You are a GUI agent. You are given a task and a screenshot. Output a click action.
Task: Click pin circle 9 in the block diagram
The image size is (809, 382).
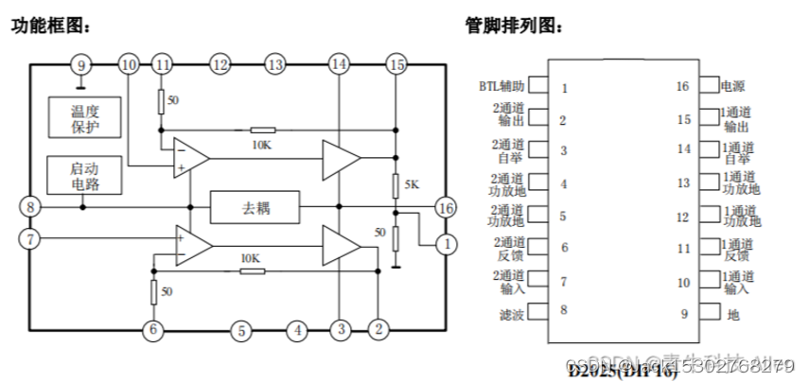click(x=81, y=65)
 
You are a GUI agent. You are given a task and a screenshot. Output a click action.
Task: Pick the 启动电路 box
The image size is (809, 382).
click(x=84, y=175)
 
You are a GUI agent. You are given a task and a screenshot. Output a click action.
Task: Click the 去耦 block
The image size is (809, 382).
click(x=254, y=206)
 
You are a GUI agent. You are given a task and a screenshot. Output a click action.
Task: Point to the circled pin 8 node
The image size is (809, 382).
click(x=31, y=207)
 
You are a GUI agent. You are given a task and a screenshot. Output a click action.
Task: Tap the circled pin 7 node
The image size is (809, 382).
click(x=31, y=238)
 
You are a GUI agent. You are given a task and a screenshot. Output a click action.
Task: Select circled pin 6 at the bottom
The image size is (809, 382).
click(x=151, y=330)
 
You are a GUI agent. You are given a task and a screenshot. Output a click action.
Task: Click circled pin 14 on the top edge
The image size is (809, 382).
click(x=339, y=65)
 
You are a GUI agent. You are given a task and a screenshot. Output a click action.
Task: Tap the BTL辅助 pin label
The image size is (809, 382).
click(x=501, y=86)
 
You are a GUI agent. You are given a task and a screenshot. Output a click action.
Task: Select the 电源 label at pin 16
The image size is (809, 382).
click(x=732, y=86)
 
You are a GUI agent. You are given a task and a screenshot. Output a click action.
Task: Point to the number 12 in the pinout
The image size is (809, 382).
click(x=683, y=217)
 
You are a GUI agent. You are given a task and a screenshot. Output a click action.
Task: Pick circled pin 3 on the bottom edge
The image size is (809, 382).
click(x=339, y=330)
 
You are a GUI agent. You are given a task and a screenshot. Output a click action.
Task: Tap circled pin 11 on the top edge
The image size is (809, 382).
click(x=164, y=65)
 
